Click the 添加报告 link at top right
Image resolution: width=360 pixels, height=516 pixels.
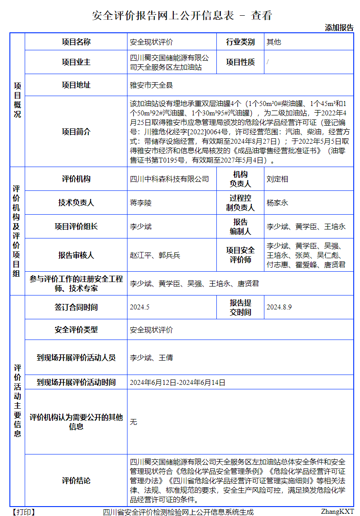coord(339,27)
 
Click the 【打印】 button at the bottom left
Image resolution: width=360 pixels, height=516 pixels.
coord(22,512)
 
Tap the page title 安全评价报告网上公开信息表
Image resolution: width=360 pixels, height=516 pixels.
coord(162,15)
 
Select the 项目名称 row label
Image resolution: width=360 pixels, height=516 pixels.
coord(76,42)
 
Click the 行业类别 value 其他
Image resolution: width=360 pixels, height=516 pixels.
coord(274,42)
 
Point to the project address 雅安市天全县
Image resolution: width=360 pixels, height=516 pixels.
coord(151,85)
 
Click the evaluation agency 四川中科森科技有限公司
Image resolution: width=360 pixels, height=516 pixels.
coord(169,179)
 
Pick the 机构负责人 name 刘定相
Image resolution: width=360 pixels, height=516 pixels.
coord(277,179)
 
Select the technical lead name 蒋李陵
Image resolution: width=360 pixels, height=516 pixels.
coord(141,203)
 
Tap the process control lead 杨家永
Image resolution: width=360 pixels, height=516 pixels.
coord(277,203)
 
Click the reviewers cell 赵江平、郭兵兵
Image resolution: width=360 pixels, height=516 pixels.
coord(155,255)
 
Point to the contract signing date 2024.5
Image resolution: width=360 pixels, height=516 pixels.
coord(139,308)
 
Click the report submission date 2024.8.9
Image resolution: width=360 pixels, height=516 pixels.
coord(279,308)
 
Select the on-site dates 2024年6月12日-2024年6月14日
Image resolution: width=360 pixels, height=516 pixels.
coord(177,383)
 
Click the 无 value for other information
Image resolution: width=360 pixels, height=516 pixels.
coord(133,422)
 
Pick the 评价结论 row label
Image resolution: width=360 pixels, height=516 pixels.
coord(76,481)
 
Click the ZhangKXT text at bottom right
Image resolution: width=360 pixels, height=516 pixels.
coord(337,512)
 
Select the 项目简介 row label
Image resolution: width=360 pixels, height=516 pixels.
coord(76,132)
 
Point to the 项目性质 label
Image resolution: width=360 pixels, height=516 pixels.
coord(240,62)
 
